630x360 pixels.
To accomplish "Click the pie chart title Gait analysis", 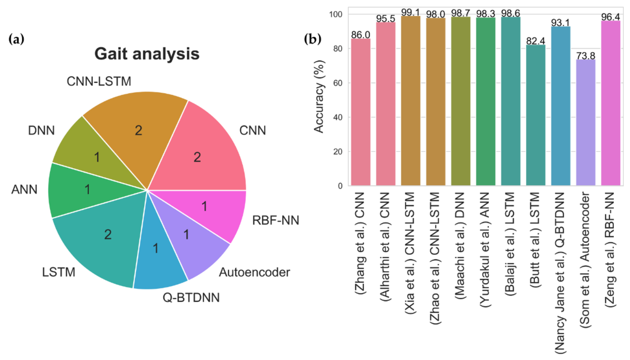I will click(x=148, y=54).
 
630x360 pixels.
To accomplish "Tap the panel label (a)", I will click(x=16, y=39).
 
